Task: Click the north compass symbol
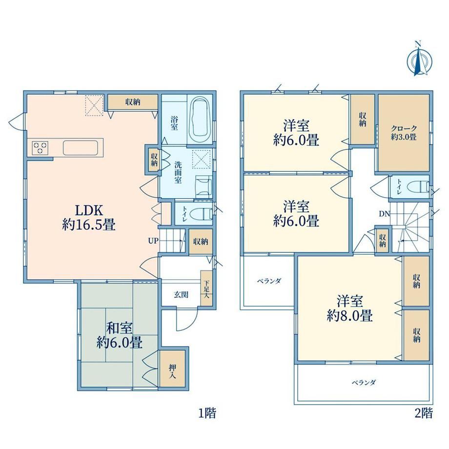(x=419, y=60)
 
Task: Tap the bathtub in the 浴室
(x=200, y=118)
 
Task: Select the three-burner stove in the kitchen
(x=40, y=148)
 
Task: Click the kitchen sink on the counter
(x=81, y=148)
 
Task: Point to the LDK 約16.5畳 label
(x=89, y=218)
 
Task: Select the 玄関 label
(x=181, y=294)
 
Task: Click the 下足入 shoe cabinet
(x=206, y=288)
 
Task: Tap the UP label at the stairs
(x=153, y=241)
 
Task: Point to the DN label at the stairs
(x=385, y=214)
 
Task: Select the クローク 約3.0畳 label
(x=404, y=133)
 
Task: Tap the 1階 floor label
(x=207, y=413)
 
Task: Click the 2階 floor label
(x=424, y=413)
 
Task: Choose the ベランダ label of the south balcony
(x=364, y=382)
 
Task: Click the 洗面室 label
(x=178, y=173)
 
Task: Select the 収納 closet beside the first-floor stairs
(x=201, y=242)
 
